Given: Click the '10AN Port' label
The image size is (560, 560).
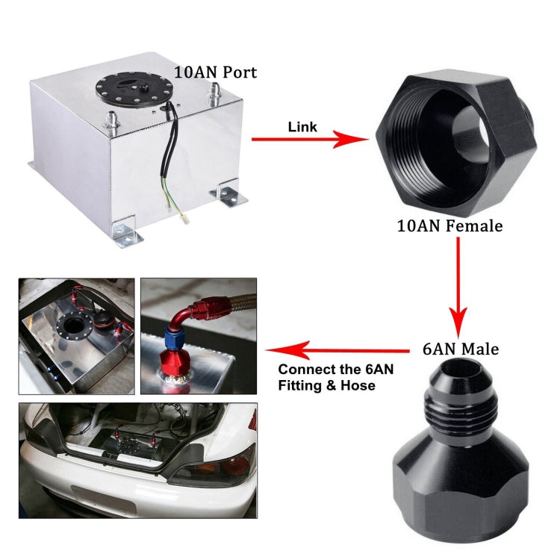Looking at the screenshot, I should tap(216, 72).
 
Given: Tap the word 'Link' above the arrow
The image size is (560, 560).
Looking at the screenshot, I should tap(302, 127).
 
